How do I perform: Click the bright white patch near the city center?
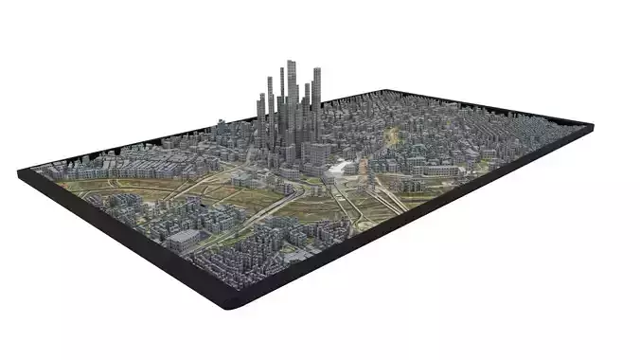(336, 169)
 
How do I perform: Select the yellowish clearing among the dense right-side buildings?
(391, 138)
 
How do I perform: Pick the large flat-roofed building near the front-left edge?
(185, 238)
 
